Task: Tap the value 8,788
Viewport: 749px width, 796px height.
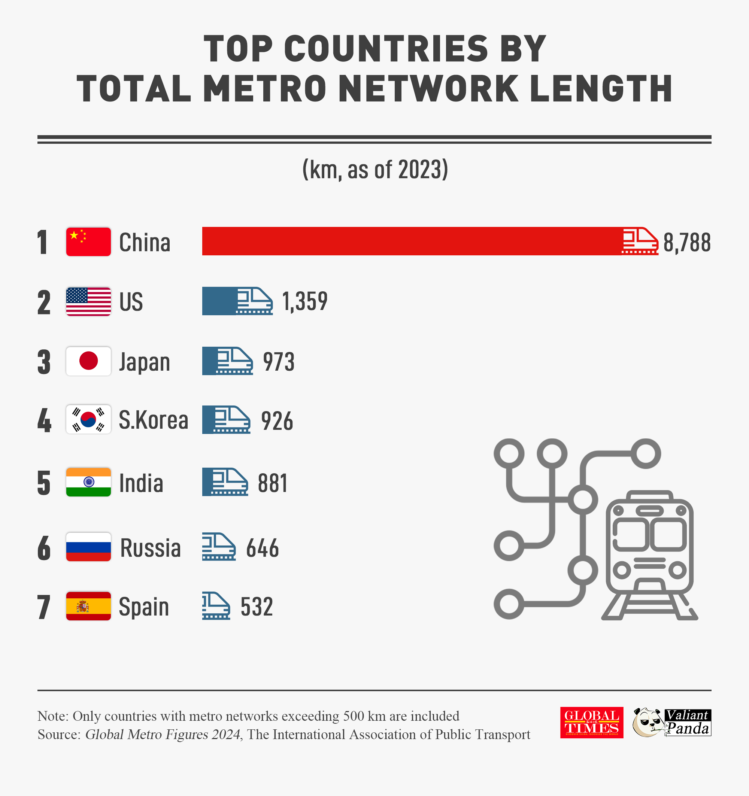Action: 686,242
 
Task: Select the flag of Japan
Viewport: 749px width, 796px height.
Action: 88,361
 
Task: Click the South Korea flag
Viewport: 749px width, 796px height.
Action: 88,419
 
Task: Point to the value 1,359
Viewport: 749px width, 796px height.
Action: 305,301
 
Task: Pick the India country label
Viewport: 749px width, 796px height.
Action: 141,483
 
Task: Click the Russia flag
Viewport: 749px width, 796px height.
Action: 88,547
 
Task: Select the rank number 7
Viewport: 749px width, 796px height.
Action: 44,607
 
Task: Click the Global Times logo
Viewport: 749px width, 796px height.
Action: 591,722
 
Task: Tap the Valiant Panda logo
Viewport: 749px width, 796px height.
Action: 672,722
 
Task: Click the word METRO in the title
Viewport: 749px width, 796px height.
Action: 264,88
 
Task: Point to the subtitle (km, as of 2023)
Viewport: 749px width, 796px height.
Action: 375,169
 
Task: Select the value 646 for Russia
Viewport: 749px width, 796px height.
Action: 263,548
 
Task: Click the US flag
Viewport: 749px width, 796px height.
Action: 88,301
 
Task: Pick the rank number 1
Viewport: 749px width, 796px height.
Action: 43,242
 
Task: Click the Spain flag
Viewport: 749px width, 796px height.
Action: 88,606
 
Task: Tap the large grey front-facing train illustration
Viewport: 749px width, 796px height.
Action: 649,555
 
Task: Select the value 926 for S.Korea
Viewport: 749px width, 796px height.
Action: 277,421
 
